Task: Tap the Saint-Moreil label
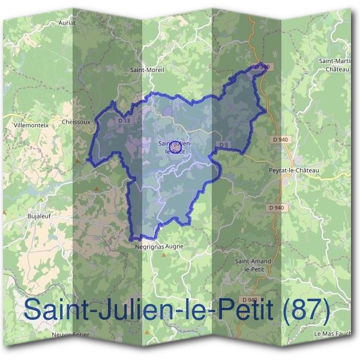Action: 147,70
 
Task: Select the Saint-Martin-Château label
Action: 335,65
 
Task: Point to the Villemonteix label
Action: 28,127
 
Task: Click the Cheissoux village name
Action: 76,121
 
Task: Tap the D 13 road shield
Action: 124,121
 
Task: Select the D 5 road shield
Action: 223,145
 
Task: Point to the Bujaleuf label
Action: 40,214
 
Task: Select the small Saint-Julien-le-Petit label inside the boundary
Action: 175,147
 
